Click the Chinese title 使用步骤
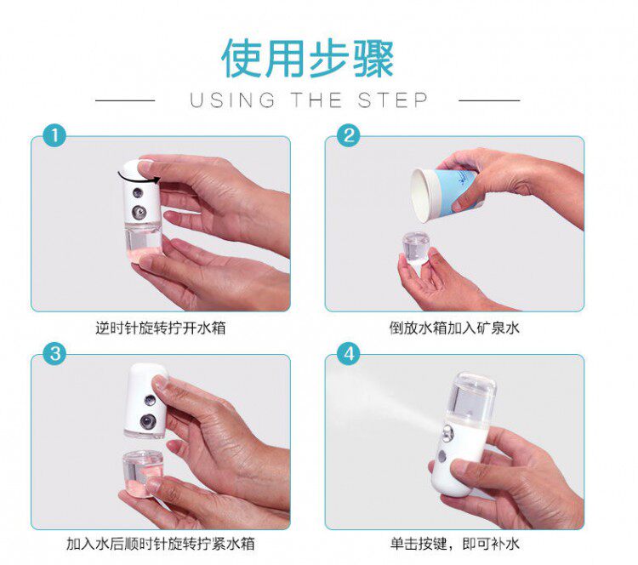point(308,58)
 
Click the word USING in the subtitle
point(232,100)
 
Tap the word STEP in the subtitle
point(393,100)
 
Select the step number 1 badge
point(54,135)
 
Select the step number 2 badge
point(348,135)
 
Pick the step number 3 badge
point(55,353)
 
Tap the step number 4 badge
point(349,354)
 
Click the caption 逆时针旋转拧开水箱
point(160,328)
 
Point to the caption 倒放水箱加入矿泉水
point(454,328)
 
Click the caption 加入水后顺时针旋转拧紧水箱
point(160,544)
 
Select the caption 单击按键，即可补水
point(454,544)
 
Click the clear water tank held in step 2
point(416,248)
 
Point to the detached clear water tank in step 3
point(142,472)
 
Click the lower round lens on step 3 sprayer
point(148,421)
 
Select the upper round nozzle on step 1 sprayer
point(139,192)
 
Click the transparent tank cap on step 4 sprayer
point(472,397)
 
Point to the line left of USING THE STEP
point(125,100)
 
